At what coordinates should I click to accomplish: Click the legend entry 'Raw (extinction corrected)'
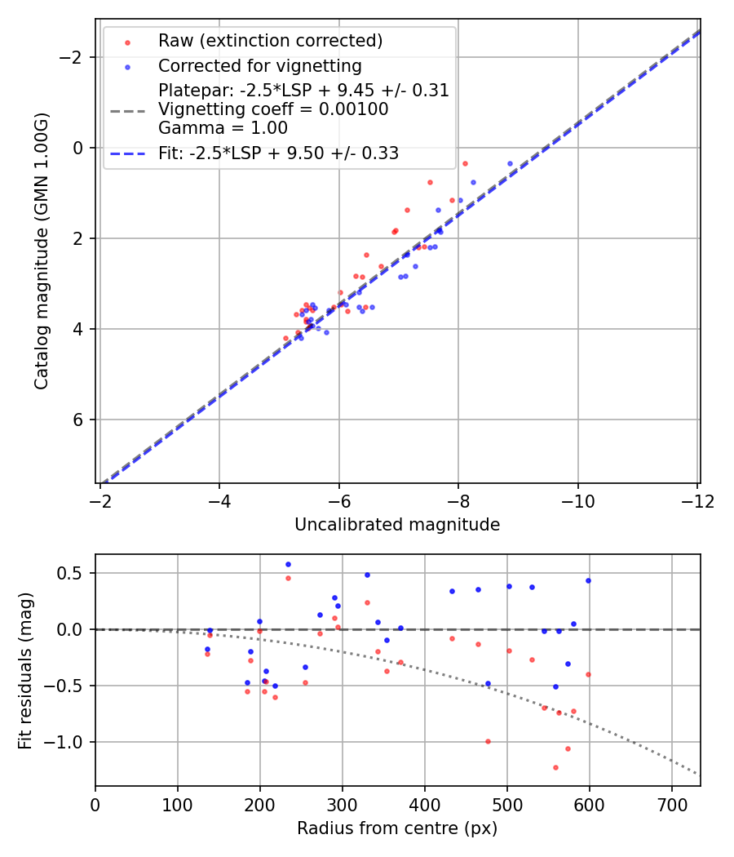tap(270, 41)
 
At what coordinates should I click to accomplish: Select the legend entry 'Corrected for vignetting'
tap(259, 65)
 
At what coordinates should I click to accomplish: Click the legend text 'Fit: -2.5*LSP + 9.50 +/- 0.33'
tap(278, 153)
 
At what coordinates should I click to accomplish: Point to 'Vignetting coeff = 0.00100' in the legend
tap(273, 109)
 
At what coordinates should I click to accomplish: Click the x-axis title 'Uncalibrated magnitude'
tap(397, 525)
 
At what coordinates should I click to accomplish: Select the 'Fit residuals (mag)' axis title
tap(24, 670)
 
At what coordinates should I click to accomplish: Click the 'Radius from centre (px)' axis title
tap(397, 828)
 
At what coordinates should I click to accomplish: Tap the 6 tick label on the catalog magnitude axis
tap(78, 420)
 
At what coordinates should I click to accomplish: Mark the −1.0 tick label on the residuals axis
tap(67, 742)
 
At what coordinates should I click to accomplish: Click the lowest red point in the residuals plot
tap(555, 767)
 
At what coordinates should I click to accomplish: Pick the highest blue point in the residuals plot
tap(288, 564)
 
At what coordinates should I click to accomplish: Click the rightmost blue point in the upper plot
tap(511, 163)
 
